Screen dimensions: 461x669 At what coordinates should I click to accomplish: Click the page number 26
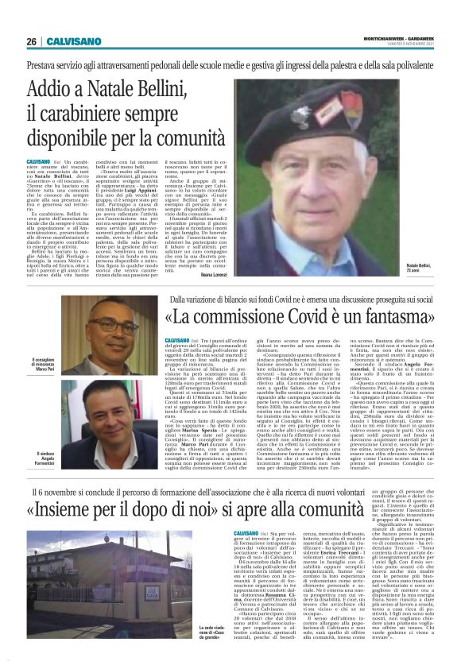click(31, 41)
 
